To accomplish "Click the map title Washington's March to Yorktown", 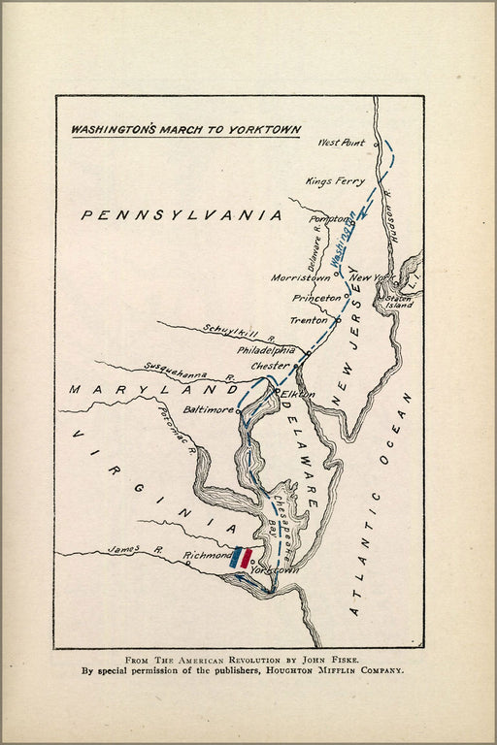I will coord(185,129).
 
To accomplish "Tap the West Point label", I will coord(342,144).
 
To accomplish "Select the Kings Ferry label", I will coord(335,181).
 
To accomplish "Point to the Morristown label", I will coord(301,277).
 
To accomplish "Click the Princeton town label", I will coord(316,298).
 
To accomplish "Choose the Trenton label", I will coord(309,320).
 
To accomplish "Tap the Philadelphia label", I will coord(266,350).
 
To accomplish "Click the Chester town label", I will coord(270,366).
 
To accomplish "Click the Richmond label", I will coord(206,556).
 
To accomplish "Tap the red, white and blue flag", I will coord(242,558).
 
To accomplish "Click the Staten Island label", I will coord(400,300).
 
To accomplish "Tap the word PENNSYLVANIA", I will coord(182,215).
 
